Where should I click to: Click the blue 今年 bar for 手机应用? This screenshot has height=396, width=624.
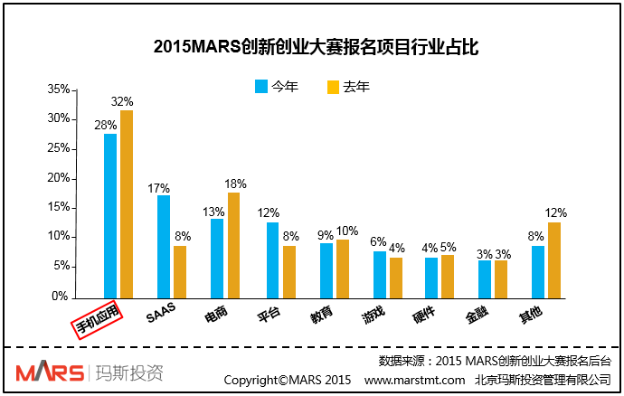click(x=110, y=215)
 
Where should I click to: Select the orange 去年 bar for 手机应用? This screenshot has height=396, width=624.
click(x=127, y=203)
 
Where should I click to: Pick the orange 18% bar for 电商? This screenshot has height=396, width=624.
click(x=233, y=244)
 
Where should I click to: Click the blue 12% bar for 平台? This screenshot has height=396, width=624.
click(x=272, y=259)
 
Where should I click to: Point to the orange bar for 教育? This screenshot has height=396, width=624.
click(x=342, y=268)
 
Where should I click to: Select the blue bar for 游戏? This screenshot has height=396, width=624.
click(x=380, y=274)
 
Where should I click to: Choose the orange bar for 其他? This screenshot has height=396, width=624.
click(x=554, y=259)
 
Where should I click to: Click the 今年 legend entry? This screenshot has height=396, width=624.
click(x=276, y=87)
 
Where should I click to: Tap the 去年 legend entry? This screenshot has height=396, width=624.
click(x=347, y=87)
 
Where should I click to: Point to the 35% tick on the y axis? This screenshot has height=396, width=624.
click(x=59, y=90)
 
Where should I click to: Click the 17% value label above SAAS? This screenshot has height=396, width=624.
click(x=159, y=188)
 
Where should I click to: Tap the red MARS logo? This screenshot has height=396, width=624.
click(x=46, y=372)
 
